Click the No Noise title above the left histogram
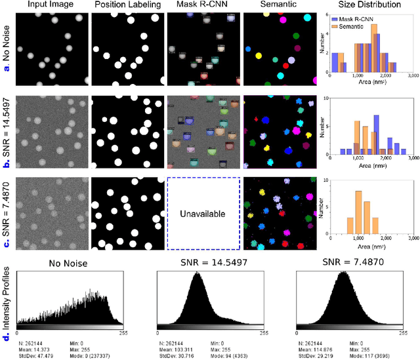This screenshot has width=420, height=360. point(70,264)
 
